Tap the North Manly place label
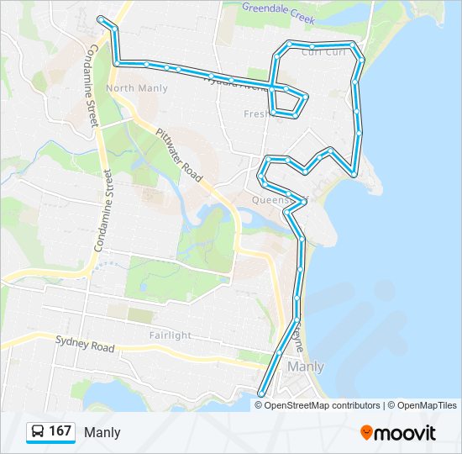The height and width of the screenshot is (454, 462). (x=131, y=88)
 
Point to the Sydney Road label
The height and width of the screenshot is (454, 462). (x=84, y=345)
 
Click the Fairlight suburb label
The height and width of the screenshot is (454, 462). (x=170, y=335)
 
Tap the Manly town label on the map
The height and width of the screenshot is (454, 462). (x=306, y=367)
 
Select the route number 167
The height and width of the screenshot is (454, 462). (x=60, y=431)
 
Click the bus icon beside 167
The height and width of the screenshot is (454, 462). (x=38, y=432)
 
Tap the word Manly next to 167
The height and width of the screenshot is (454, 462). (x=102, y=432)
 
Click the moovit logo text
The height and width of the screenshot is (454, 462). (x=406, y=433)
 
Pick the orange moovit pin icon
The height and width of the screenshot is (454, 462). (x=366, y=432)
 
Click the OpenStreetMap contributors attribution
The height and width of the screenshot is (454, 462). (x=318, y=405)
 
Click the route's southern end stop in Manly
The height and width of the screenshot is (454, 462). (x=261, y=393)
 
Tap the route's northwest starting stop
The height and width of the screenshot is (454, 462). (x=101, y=18)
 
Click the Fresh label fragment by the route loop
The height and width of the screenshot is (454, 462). (x=255, y=113)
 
